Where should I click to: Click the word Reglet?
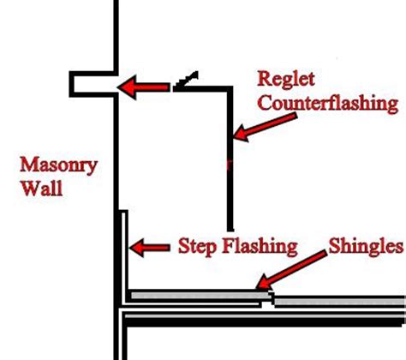pyautogui.click(x=286, y=80)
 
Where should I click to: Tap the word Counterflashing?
pyautogui.click(x=328, y=104)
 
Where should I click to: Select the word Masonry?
pyautogui.click(x=59, y=166)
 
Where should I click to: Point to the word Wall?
pyautogui.click(x=42, y=189)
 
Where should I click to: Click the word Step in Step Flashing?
pyautogui.click(x=197, y=246)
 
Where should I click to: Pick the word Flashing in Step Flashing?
pyautogui.click(x=260, y=246)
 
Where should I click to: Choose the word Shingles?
pyautogui.click(x=367, y=246)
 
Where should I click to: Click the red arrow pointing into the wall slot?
pyautogui.click(x=144, y=87)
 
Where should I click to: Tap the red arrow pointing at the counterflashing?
pyautogui.click(x=265, y=127)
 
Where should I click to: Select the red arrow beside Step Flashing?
pyautogui.click(x=149, y=248)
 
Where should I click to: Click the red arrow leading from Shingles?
pyautogui.click(x=291, y=270)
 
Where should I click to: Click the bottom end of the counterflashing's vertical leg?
pyautogui.click(x=230, y=229)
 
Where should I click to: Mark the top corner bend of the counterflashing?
pyautogui.click(x=230, y=88)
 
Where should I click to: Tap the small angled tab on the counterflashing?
pyautogui.click(x=187, y=81)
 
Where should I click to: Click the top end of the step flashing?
pyautogui.click(x=123, y=212)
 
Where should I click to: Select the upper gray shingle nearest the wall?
pyautogui.click(x=200, y=296)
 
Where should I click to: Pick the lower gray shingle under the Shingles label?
pyautogui.click(x=340, y=302)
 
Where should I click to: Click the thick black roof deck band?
pyautogui.click(x=264, y=322)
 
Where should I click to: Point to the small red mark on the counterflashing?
pyautogui.click(x=228, y=165)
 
